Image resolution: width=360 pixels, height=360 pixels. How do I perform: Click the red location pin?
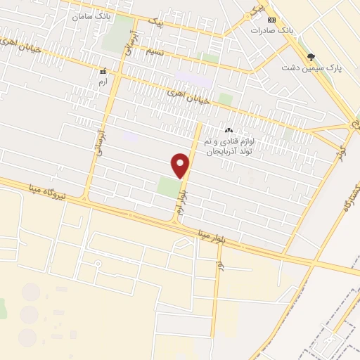181,166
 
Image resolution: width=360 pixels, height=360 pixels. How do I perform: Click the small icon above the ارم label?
104,72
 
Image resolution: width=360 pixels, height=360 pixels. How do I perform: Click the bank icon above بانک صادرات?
271,20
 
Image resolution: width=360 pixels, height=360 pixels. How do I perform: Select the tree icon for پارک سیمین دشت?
311,57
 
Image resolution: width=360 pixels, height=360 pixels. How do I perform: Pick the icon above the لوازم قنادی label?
229,130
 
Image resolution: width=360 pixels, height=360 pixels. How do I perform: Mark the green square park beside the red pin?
168,187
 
